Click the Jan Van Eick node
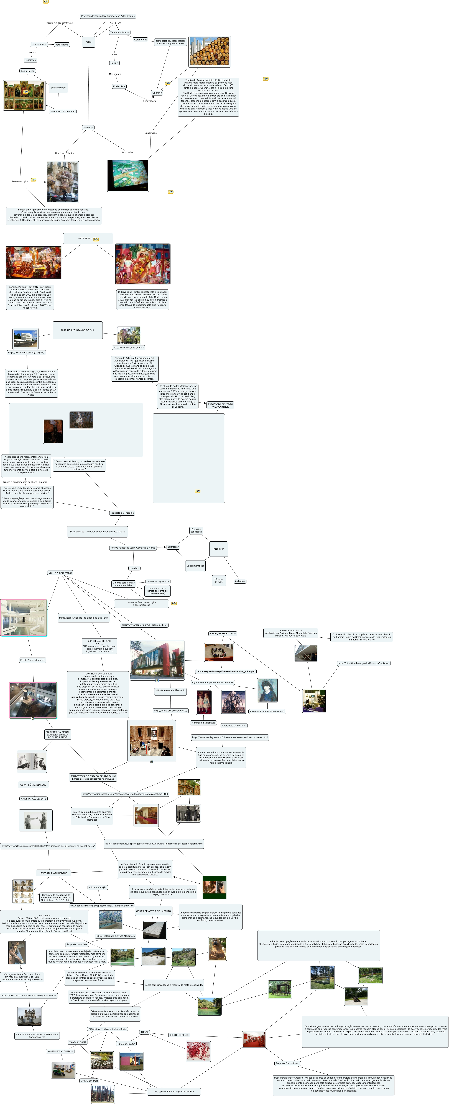[x=39, y=45]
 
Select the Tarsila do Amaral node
[x=120, y=33]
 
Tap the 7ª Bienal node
[x=88, y=128]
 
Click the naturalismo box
[x=62, y=45]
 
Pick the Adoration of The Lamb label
[x=63, y=111]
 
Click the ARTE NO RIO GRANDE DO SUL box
[x=78, y=330]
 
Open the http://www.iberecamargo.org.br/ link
[x=26, y=353]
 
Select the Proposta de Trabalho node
[x=122, y=513]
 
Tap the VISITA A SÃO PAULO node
[x=60, y=573]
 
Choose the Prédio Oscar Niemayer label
[x=33, y=660]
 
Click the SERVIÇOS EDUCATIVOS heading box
[x=223, y=634]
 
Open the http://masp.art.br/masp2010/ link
[x=171, y=711]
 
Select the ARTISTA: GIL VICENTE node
[x=34, y=799]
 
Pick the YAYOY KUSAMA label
[x=78, y=1042]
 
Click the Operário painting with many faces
[x=210, y=51]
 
